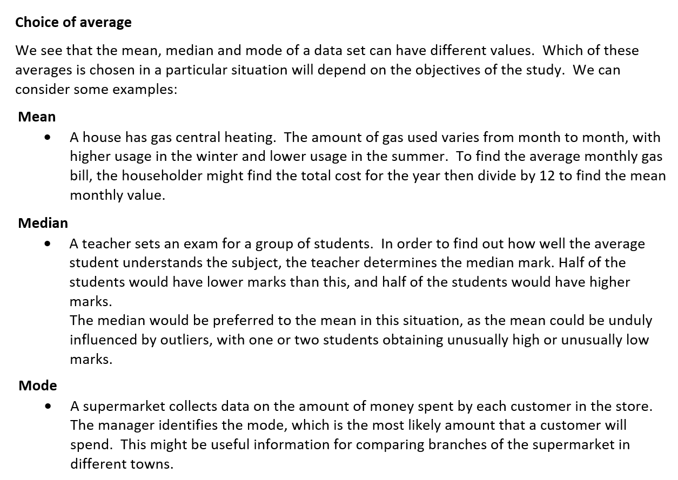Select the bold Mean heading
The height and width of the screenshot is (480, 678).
[x=37, y=117]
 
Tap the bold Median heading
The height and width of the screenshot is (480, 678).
[x=43, y=223]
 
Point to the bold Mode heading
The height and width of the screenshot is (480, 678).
[x=37, y=386]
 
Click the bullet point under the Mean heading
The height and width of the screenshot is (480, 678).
[x=49, y=138]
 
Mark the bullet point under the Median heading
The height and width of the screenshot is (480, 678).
[x=49, y=244]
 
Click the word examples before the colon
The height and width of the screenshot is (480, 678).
[x=142, y=90]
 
